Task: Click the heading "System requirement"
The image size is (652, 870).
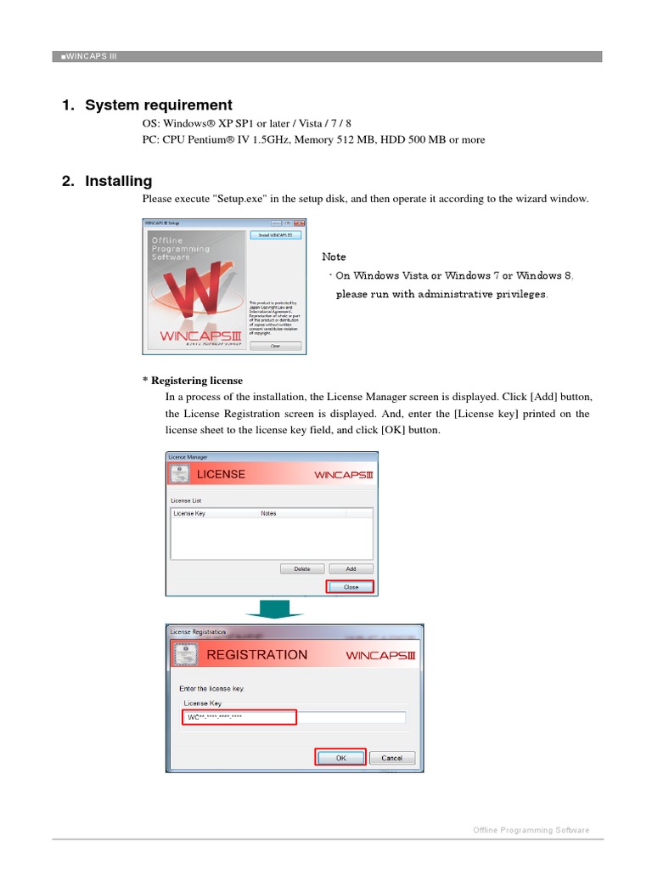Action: (158, 105)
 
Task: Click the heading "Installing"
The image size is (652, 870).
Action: (118, 181)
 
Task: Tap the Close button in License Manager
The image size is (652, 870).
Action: (350, 587)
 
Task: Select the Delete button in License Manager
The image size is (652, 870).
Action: (301, 569)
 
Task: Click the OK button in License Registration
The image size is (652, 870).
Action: (340, 758)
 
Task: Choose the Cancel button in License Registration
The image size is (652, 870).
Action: (391, 758)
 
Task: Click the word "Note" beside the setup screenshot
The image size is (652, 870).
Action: (334, 257)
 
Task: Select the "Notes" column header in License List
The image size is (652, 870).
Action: (268, 514)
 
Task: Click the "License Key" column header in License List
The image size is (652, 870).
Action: (189, 514)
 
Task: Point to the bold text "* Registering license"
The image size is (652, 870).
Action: (192, 381)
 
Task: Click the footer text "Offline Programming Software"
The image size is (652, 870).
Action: (531, 830)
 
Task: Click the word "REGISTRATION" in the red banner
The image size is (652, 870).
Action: (257, 655)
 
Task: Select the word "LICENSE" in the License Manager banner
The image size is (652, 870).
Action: (221, 474)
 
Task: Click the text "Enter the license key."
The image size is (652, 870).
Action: (211, 687)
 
